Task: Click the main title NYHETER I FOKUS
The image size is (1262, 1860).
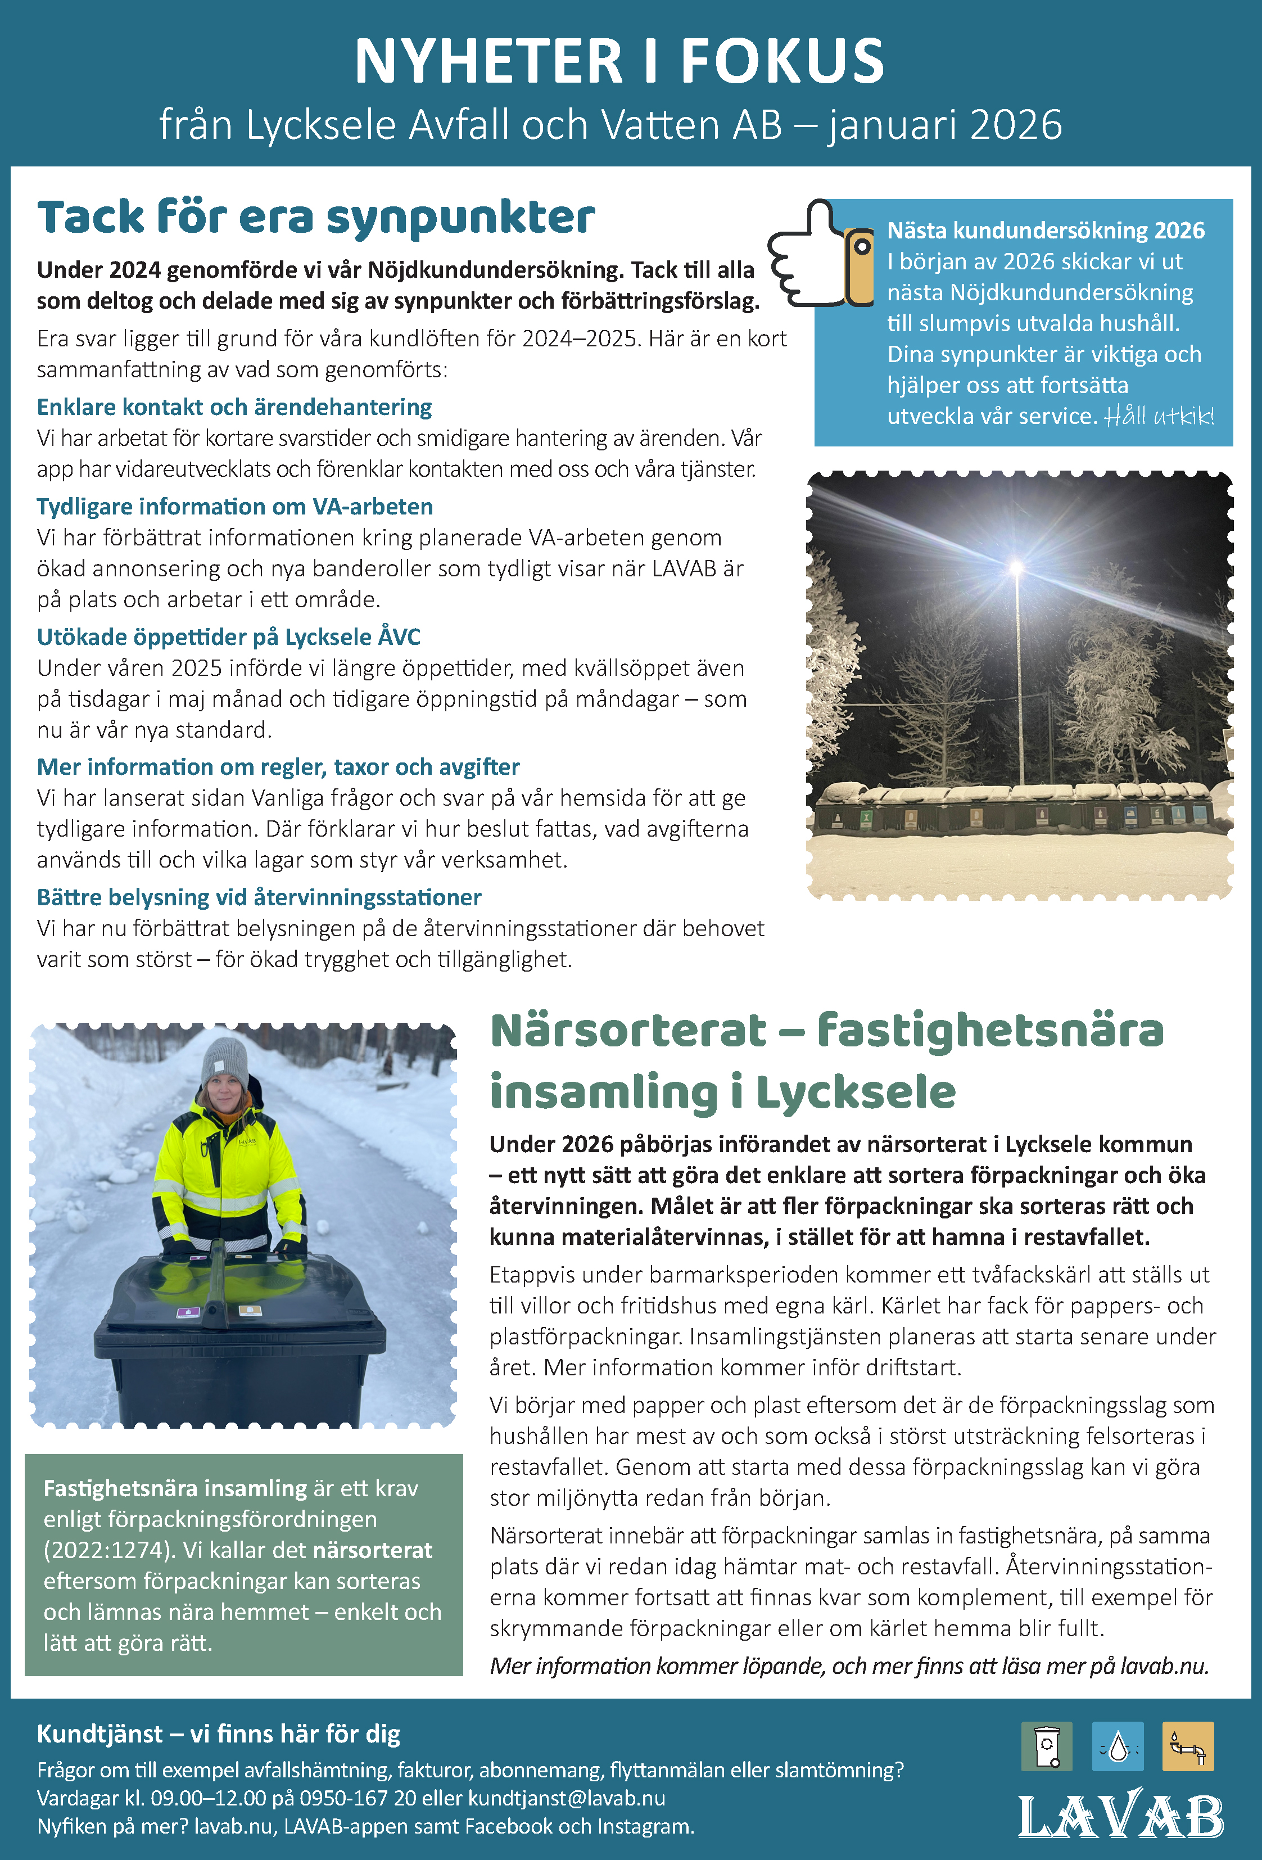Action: (x=619, y=62)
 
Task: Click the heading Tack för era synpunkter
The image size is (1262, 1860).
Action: (x=316, y=218)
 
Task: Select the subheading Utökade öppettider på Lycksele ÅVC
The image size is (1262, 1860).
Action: (x=229, y=637)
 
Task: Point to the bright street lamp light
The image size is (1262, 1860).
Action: (x=1017, y=568)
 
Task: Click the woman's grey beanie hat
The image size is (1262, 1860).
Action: (x=225, y=1061)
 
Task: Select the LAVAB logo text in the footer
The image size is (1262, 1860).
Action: (x=1120, y=1817)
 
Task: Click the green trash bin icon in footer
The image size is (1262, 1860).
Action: (x=1046, y=1746)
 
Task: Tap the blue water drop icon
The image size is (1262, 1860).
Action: (x=1118, y=1746)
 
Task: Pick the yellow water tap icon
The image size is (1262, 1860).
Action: (x=1188, y=1746)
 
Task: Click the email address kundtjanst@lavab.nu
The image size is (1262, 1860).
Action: (x=567, y=1798)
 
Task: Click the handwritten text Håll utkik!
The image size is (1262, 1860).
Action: (x=1159, y=416)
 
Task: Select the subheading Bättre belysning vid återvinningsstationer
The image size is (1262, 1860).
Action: (x=259, y=897)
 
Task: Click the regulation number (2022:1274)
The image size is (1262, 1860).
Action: (x=109, y=1550)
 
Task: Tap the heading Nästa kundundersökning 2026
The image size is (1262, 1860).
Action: (x=1045, y=231)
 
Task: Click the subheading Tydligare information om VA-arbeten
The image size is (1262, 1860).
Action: (x=234, y=507)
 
